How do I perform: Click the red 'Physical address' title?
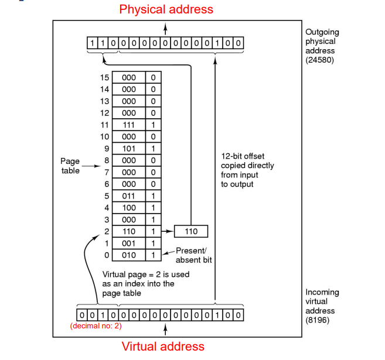166,9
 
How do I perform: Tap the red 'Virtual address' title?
163,346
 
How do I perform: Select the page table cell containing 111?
129,125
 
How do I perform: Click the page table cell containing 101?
129,149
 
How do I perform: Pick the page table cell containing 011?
129,196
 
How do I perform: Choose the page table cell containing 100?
129,208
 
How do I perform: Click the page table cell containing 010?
129,255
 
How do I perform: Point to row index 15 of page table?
105,77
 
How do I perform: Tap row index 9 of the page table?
107,149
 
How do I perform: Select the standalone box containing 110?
191,232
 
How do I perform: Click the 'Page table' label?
70,166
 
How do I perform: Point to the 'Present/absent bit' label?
194,256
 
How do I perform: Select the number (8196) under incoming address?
319,320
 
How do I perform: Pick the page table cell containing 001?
129,244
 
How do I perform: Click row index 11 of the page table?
105,125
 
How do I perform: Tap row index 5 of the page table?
107,196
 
